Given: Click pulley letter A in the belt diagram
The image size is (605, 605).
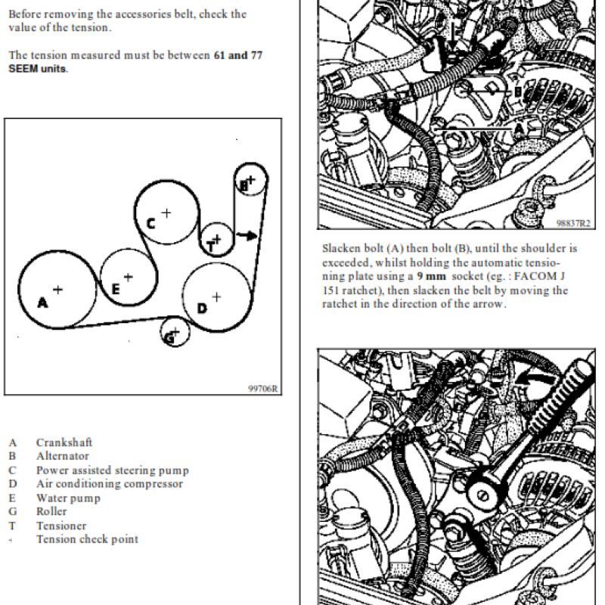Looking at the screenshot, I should pyautogui.click(x=43, y=302).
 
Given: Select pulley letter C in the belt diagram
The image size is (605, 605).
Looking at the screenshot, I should pyautogui.click(x=150, y=223).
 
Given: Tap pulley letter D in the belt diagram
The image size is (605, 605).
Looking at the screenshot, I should pyautogui.click(x=202, y=308).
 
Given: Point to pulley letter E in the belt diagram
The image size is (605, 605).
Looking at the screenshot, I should pyautogui.click(x=116, y=288).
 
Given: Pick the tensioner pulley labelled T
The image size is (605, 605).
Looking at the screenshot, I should pyautogui.click(x=216, y=241).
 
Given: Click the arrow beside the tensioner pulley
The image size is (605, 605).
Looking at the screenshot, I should pyautogui.click(x=247, y=234).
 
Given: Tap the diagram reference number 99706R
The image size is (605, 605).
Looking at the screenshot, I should pyautogui.click(x=263, y=389).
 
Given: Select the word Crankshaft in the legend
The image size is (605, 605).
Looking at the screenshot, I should pyautogui.click(x=64, y=442).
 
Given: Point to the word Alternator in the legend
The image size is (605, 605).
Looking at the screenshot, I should pyautogui.click(x=62, y=456).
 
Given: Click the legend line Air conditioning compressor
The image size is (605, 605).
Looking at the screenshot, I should pyautogui.click(x=109, y=484).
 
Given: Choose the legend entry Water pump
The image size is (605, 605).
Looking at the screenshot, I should pyautogui.click(x=68, y=498).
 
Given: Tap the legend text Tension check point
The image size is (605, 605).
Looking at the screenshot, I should pyautogui.click(x=87, y=539).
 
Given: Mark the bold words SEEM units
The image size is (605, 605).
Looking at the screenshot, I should pyautogui.click(x=38, y=68).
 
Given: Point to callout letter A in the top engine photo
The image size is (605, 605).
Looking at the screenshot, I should pyautogui.click(x=518, y=129).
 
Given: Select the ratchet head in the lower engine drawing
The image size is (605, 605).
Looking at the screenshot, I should pyautogui.click(x=481, y=492).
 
